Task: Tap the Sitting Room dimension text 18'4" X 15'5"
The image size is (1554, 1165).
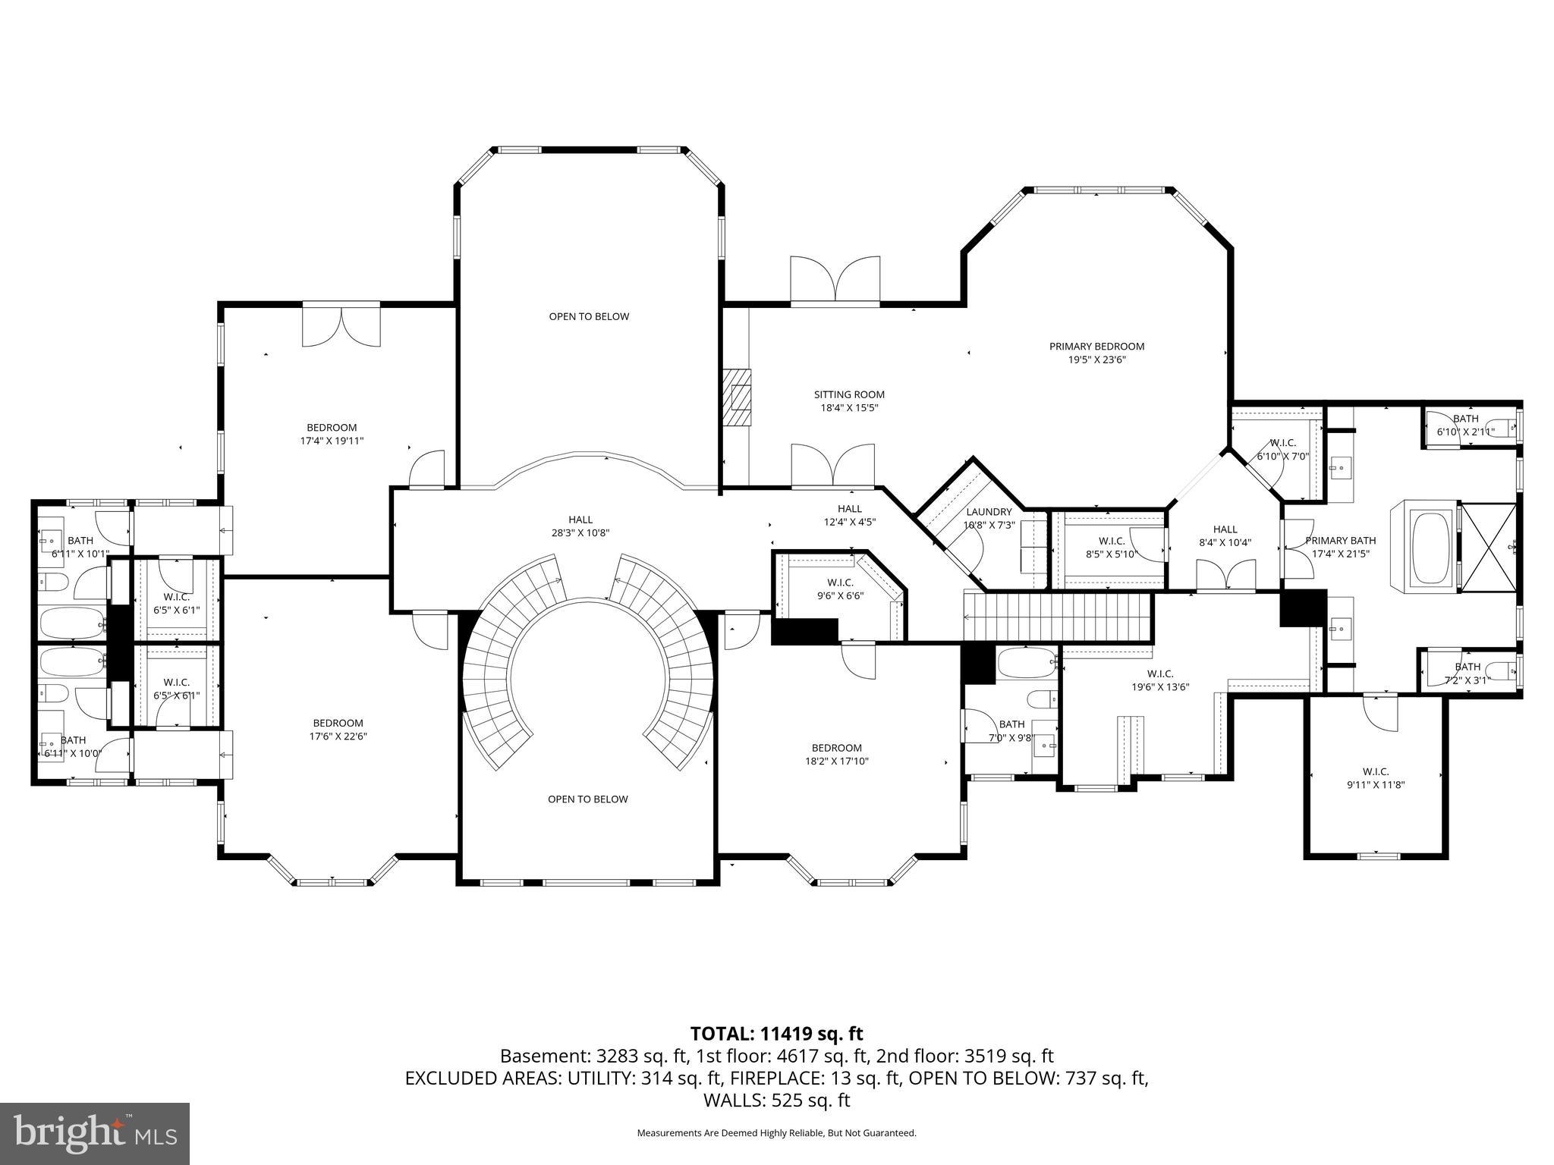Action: (x=849, y=407)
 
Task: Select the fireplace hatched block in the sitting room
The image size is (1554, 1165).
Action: (x=735, y=400)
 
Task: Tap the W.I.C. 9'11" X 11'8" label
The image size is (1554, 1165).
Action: (x=1376, y=778)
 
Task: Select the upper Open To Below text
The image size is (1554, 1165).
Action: (x=589, y=316)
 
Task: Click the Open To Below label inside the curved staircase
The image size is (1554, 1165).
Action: (x=587, y=799)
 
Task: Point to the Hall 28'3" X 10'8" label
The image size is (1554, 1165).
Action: (x=580, y=526)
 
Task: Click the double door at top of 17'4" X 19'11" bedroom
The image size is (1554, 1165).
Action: (x=341, y=325)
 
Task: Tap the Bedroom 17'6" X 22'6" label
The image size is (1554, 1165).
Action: (x=338, y=729)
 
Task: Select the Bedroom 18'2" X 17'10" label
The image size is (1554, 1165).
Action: (x=836, y=754)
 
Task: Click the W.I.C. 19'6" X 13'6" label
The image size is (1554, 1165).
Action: (x=1160, y=680)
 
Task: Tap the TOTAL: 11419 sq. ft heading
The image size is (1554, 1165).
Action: (x=776, y=1033)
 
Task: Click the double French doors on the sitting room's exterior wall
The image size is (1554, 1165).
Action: (x=835, y=281)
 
